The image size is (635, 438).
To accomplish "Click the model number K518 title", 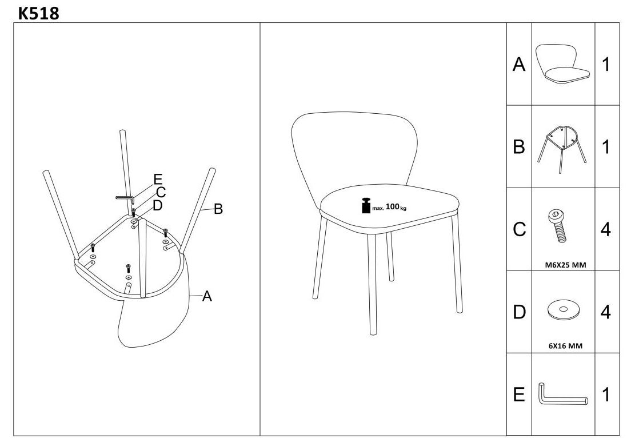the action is pyautogui.click(x=39, y=13).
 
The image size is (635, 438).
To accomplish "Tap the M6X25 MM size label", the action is pyautogui.click(x=565, y=265).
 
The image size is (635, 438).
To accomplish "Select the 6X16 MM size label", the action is pyautogui.click(x=565, y=345).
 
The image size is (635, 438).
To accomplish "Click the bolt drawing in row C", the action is pyautogui.click(x=558, y=226).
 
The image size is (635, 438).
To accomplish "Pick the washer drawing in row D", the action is pyautogui.click(x=563, y=310).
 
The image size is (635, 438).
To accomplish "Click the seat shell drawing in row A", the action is pyautogui.click(x=562, y=64).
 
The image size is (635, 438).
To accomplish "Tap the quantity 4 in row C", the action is pyautogui.click(x=605, y=229).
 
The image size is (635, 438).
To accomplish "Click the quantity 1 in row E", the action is pyautogui.click(x=606, y=395).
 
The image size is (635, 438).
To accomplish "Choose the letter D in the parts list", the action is pyautogui.click(x=519, y=312).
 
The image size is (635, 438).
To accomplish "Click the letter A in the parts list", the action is pyautogui.click(x=519, y=65).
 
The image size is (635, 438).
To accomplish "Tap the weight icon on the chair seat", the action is pyautogui.click(x=366, y=205).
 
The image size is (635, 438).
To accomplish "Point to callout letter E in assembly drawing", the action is pyautogui.click(x=158, y=179).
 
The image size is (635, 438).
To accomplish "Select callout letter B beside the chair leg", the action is pyautogui.click(x=218, y=209).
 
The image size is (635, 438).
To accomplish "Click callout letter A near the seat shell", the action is pyautogui.click(x=207, y=296).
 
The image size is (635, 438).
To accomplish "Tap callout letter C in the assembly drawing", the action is pyautogui.click(x=161, y=193).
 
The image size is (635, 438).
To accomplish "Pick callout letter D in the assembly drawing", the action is pyautogui.click(x=158, y=205).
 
